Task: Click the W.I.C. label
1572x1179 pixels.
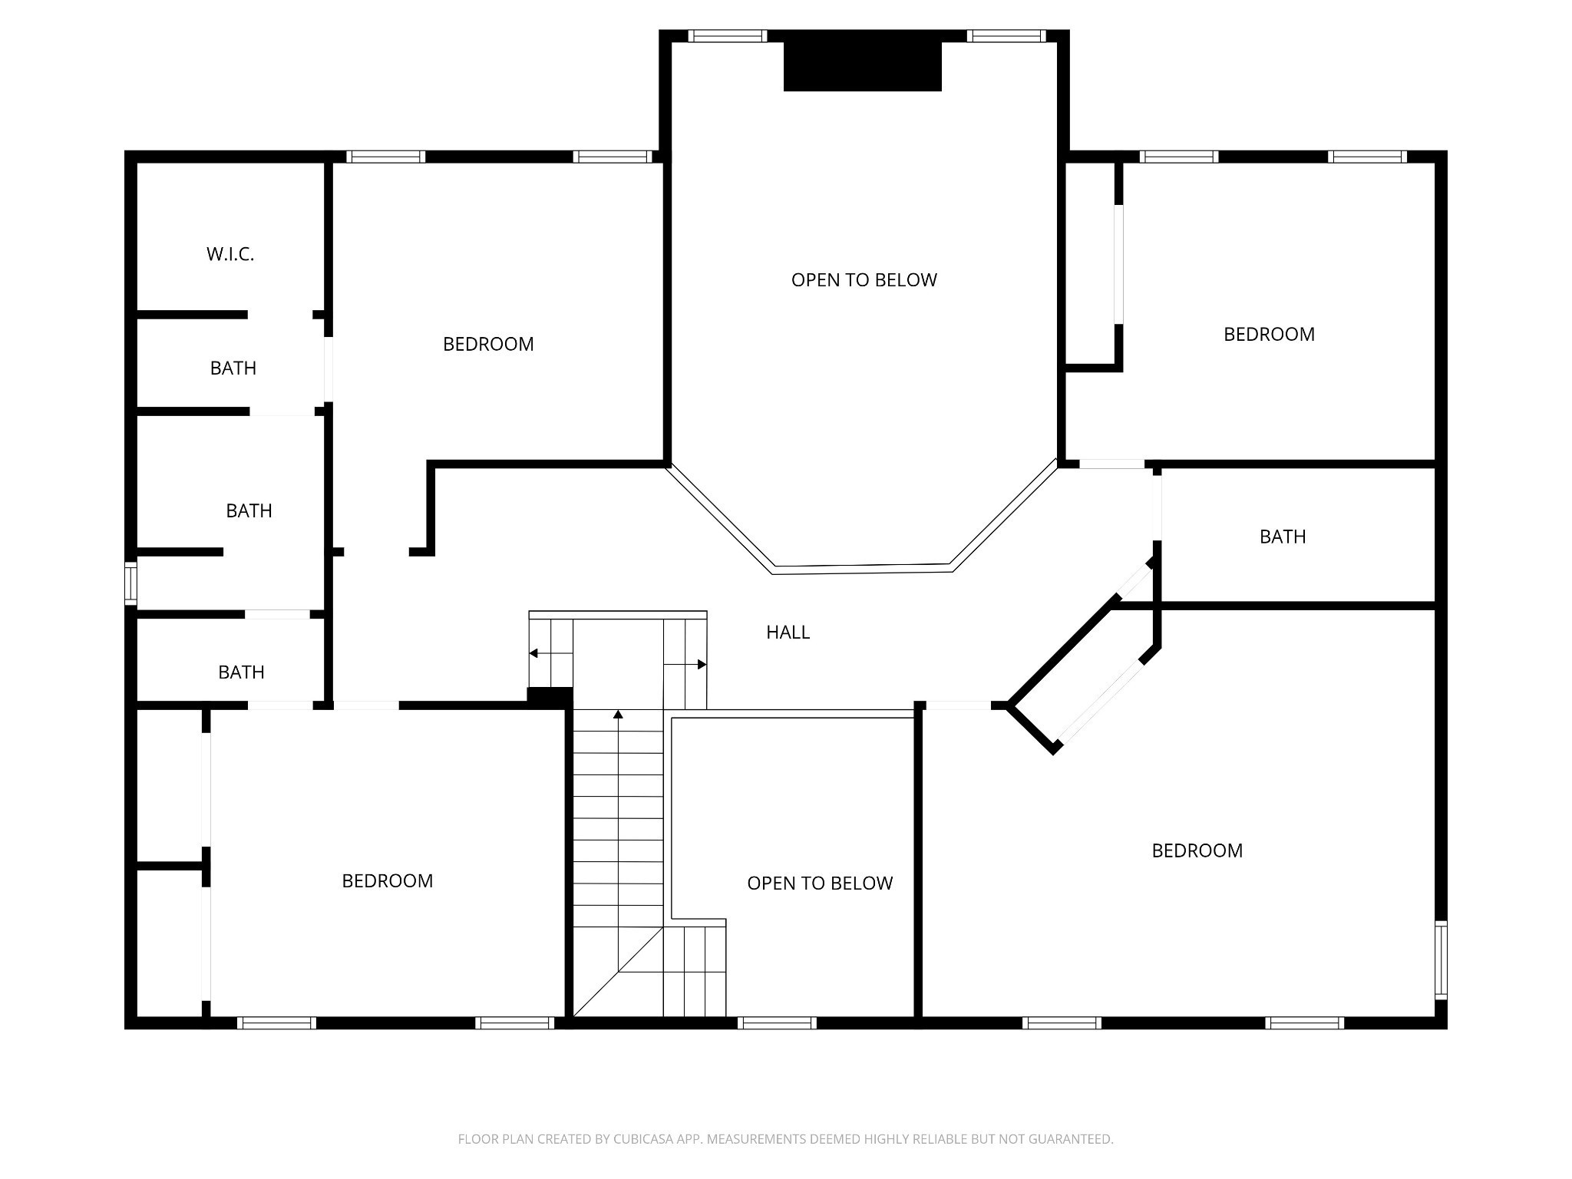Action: coord(230,254)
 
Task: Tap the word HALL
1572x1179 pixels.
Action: coord(788,632)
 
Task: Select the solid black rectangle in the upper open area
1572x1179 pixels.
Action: coord(862,66)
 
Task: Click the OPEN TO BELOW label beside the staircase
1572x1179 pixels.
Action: coord(820,883)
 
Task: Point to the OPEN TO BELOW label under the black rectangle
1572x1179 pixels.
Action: coord(864,279)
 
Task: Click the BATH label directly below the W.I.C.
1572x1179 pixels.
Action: coord(233,368)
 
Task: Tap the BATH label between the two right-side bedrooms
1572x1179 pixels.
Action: coord(1283,536)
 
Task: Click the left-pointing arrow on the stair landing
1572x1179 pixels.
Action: coord(550,653)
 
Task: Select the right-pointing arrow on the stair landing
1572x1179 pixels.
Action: coord(685,664)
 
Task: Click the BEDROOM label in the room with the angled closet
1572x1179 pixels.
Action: coord(1197,850)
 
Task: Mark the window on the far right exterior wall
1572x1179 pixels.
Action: coord(1441,960)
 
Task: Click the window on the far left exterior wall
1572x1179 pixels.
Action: coord(130,583)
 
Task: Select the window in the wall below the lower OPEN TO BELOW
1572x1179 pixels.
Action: coord(776,1022)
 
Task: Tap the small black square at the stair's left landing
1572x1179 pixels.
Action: coord(550,697)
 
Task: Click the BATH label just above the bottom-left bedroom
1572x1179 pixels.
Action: coord(241,672)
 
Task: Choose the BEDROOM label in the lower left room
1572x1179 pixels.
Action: coord(387,880)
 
